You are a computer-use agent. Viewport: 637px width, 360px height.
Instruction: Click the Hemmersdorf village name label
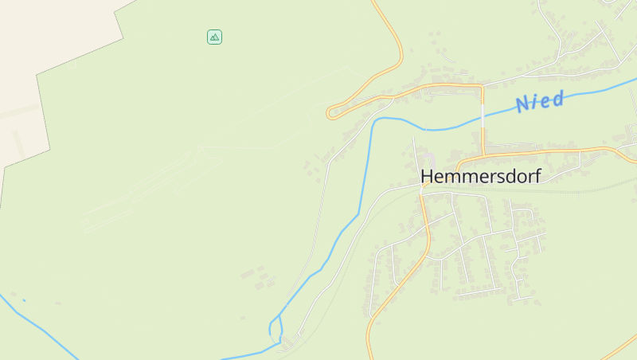coord(479,176)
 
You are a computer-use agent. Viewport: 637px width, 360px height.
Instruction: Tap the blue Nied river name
coord(540,101)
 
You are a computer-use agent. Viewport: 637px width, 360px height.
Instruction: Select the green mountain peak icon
coord(214,37)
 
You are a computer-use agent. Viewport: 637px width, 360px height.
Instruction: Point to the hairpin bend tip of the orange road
coord(329,114)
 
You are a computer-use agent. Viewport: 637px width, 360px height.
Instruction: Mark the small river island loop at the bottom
coord(276,329)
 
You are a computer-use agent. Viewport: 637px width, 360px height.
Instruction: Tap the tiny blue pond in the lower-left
coord(23,300)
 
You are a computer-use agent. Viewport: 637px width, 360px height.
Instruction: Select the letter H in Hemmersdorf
coord(427,176)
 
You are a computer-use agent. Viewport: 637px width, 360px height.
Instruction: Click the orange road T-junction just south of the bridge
coord(483,153)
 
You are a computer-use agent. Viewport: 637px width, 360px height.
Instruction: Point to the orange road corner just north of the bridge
coord(482,85)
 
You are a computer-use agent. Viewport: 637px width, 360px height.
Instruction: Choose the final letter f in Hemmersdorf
coord(537,175)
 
